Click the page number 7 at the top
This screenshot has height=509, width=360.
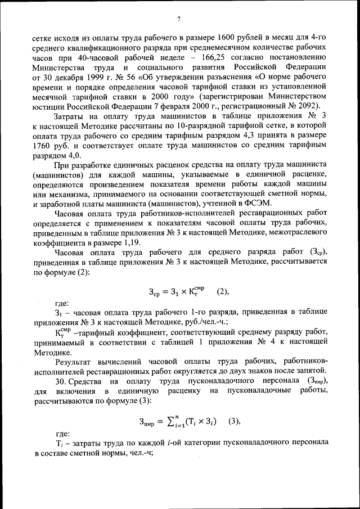pyautogui.click(x=178, y=20)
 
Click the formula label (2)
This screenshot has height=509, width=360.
pyautogui.click(x=223, y=291)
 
